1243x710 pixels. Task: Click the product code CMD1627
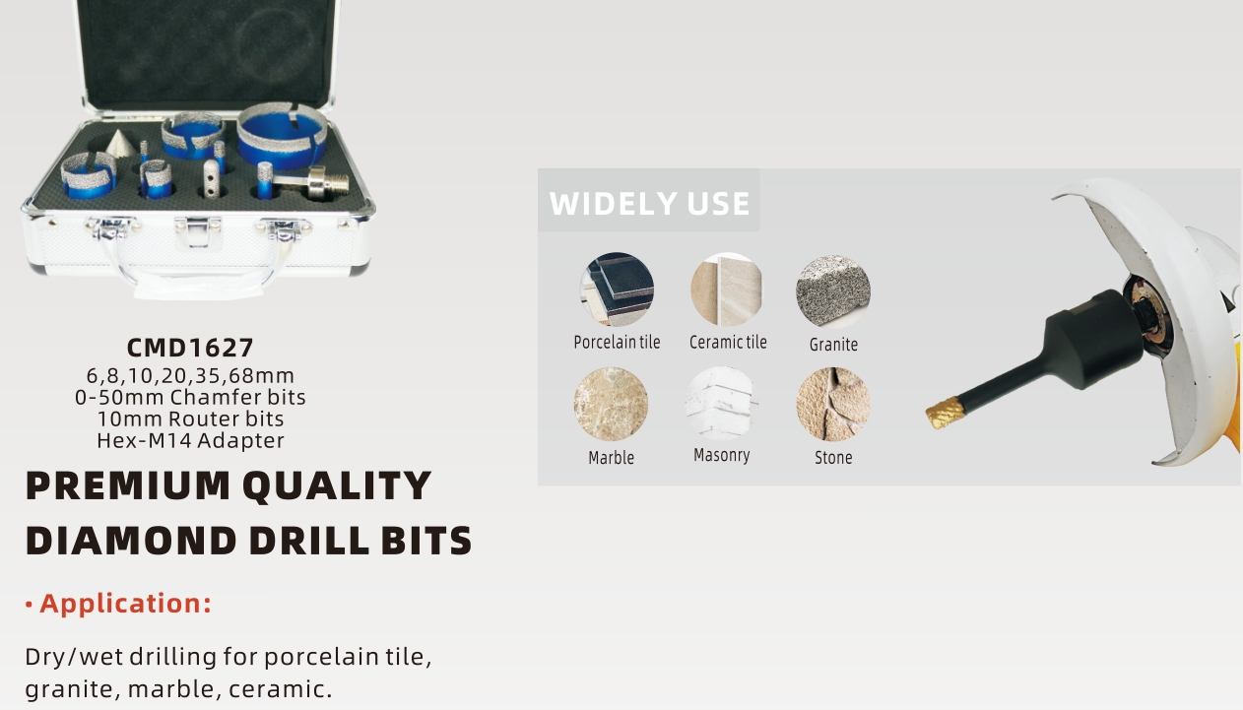pos(190,348)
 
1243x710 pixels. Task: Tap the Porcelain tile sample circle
pos(617,289)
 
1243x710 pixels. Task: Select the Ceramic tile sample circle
pos(727,289)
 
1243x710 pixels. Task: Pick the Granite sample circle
pos(833,291)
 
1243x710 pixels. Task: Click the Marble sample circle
pos(611,404)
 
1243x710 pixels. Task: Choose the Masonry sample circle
pos(721,404)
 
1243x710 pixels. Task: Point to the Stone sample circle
pos(833,404)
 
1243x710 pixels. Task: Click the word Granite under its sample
pos(833,345)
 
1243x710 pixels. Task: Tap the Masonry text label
pos(721,455)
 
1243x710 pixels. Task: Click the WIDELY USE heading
pos(649,203)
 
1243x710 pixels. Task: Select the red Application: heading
pos(125,604)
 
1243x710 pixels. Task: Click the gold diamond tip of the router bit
pos(942,413)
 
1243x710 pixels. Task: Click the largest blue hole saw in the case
pos(282,135)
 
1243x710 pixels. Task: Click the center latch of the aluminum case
pos(197,229)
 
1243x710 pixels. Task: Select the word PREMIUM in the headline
pos(128,485)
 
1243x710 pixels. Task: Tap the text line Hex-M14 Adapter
pos(190,441)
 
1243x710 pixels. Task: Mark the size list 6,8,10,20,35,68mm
pos(190,376)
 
